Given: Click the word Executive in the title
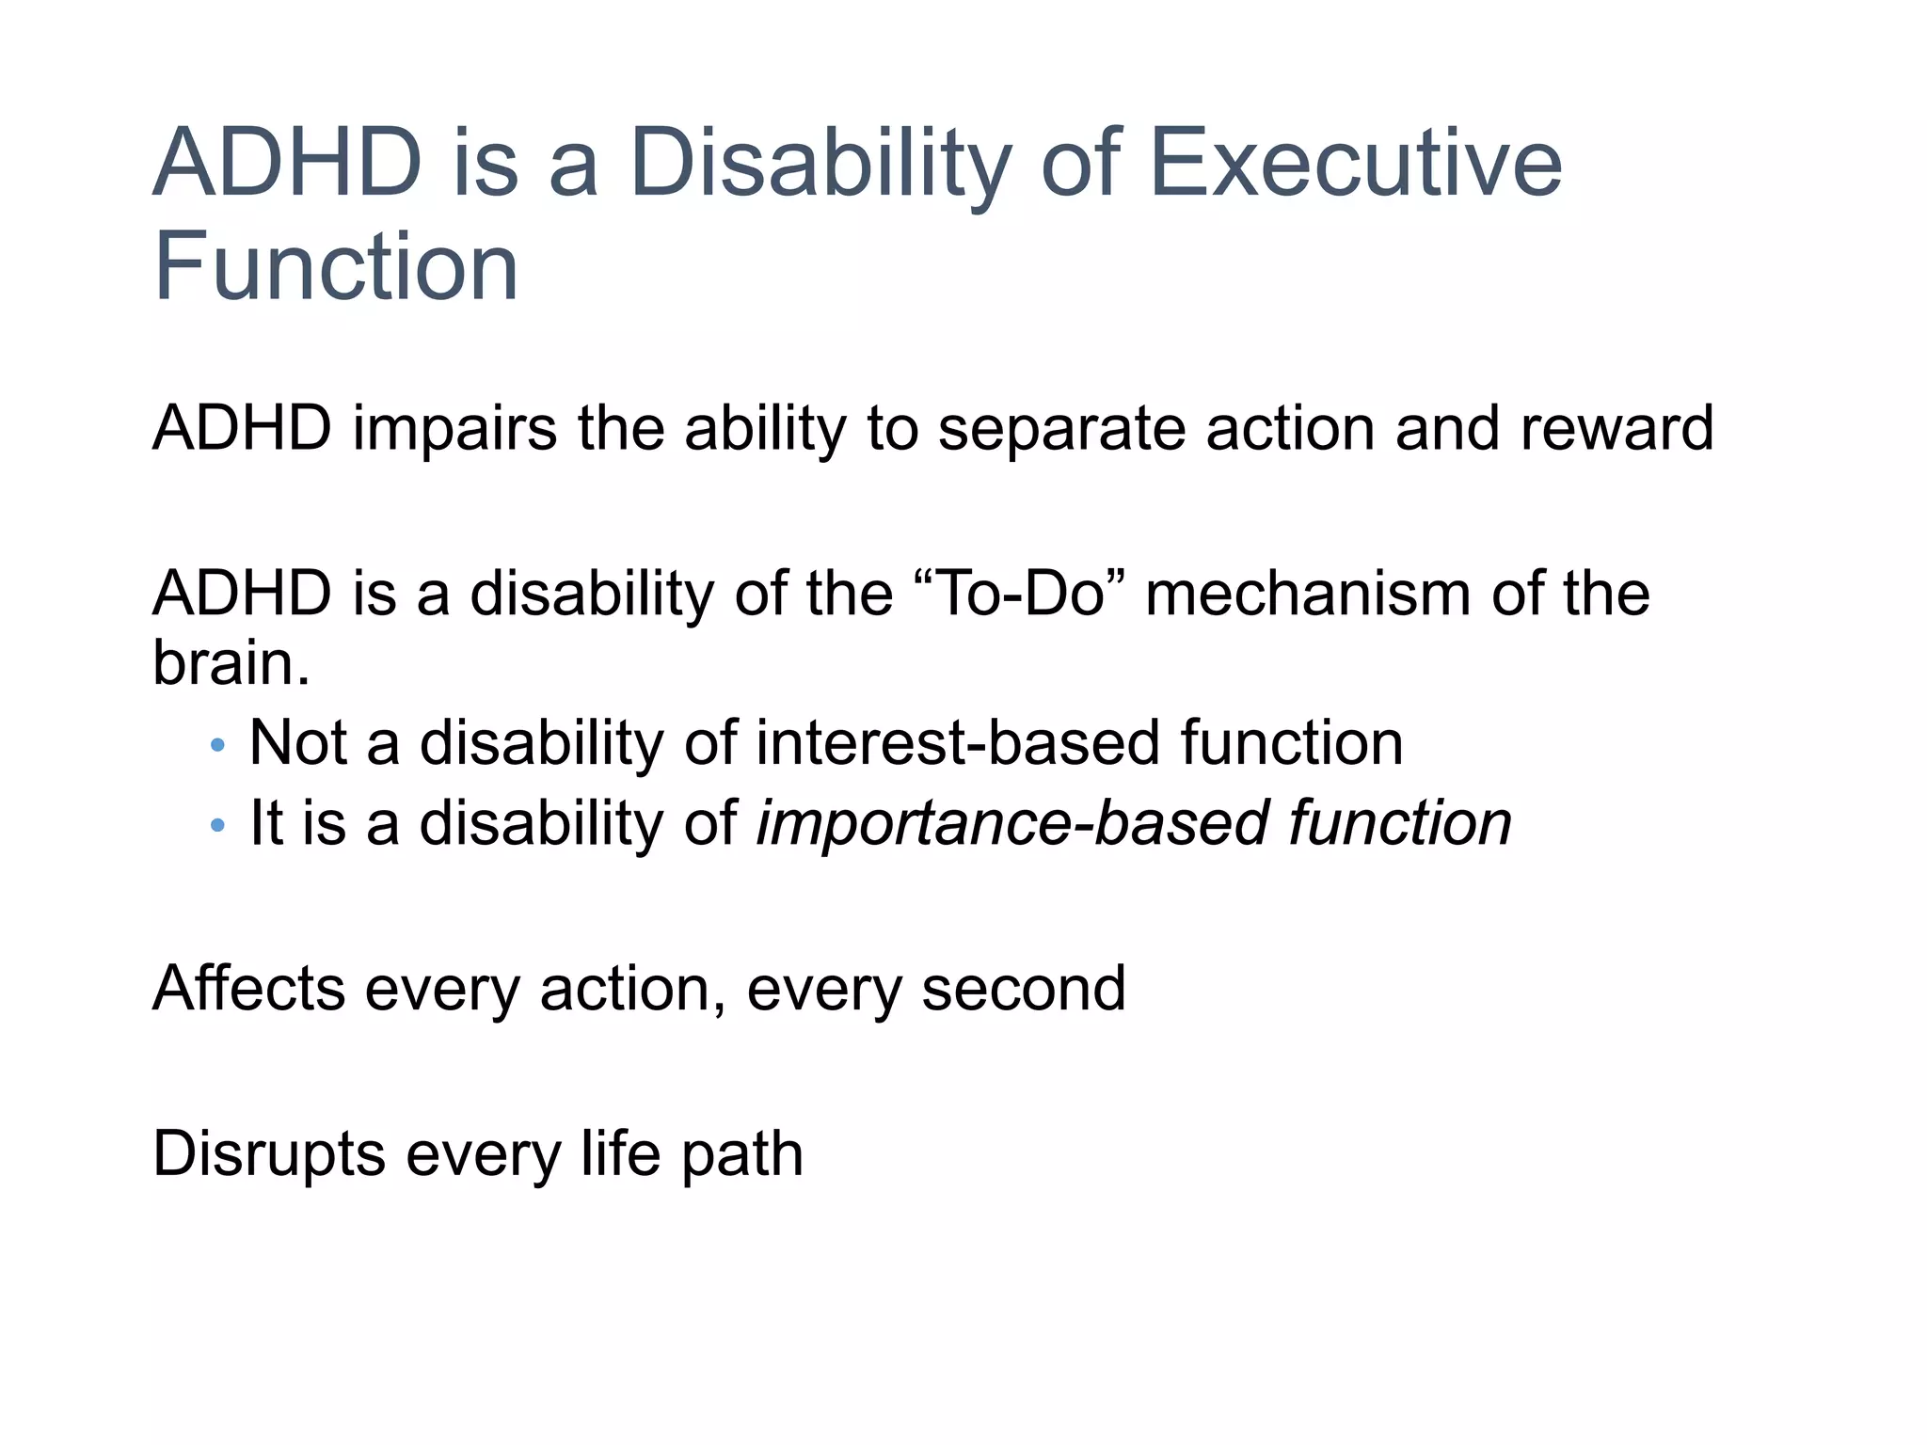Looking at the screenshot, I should [1355, 164].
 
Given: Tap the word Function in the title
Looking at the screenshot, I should [336, 267].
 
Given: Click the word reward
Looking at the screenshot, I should [1616, 429].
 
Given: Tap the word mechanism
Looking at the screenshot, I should [1309, 594].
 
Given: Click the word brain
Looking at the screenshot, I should [225, 663].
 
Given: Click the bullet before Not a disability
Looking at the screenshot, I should [218, 746].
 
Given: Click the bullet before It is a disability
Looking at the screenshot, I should [218, 826].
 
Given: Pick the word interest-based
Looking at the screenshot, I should [958, 743].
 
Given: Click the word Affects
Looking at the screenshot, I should [248, 988].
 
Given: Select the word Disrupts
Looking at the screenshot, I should [269, 1155].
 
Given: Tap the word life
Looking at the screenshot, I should [620, 1153].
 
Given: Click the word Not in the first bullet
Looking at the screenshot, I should [298, 743].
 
